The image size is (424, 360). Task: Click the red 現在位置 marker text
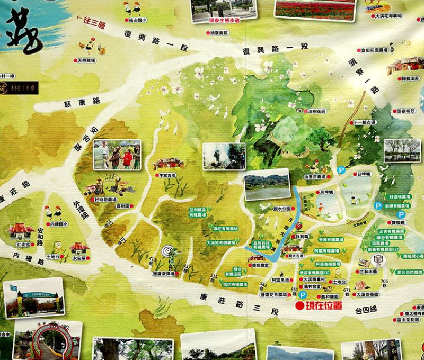(x=320, y=305)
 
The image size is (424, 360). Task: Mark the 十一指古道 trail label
(x=365, y=122)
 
